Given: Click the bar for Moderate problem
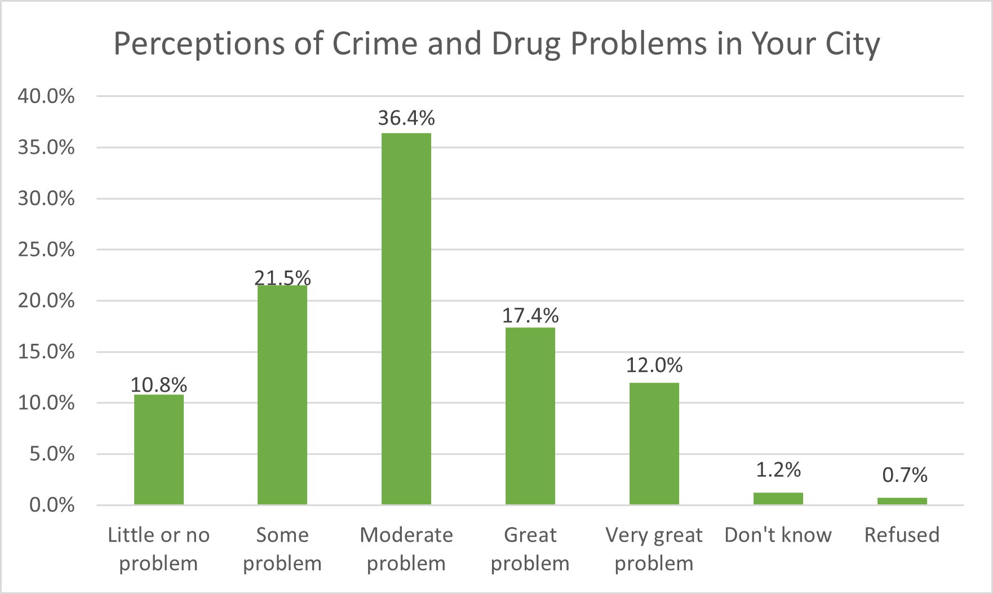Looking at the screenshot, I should pos(406,318).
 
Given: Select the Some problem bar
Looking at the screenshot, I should pos(282,394).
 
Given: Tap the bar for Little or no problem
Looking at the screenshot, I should pos(159,449).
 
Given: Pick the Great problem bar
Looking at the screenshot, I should pos(530,415).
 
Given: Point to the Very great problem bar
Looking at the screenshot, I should pos(654,443).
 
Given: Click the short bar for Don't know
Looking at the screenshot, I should pos(778,498).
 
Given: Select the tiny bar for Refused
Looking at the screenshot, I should pos(902,501).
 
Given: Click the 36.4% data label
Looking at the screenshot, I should pos(406,118).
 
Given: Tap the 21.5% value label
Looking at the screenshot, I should pos(282,277).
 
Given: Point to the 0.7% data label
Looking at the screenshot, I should pos(905,475).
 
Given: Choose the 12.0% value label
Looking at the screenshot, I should pos(654,365).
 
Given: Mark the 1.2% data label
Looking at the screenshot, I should pos(778,469).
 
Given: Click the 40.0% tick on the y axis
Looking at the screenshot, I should pos(46,96).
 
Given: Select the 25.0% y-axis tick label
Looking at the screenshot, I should pos(46,250).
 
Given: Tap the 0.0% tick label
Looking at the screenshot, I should pos(52,505).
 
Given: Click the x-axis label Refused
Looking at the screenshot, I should pos(902,535).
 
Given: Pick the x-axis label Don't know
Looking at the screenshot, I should pos(778,535).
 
